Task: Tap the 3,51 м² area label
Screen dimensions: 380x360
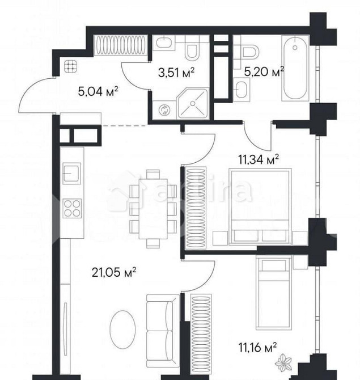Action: pyautogui.click(x=176, y=71)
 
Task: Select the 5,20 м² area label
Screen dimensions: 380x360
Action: pyautogui.click(x=264, y=71)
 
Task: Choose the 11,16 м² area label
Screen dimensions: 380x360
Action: pyautogui.click(x=257, y=345)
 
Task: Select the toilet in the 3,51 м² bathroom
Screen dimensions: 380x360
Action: pyautogui.click(x=193, y=50)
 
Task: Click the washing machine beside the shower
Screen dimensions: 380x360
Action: pyautogui.click(x=164, y=109)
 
